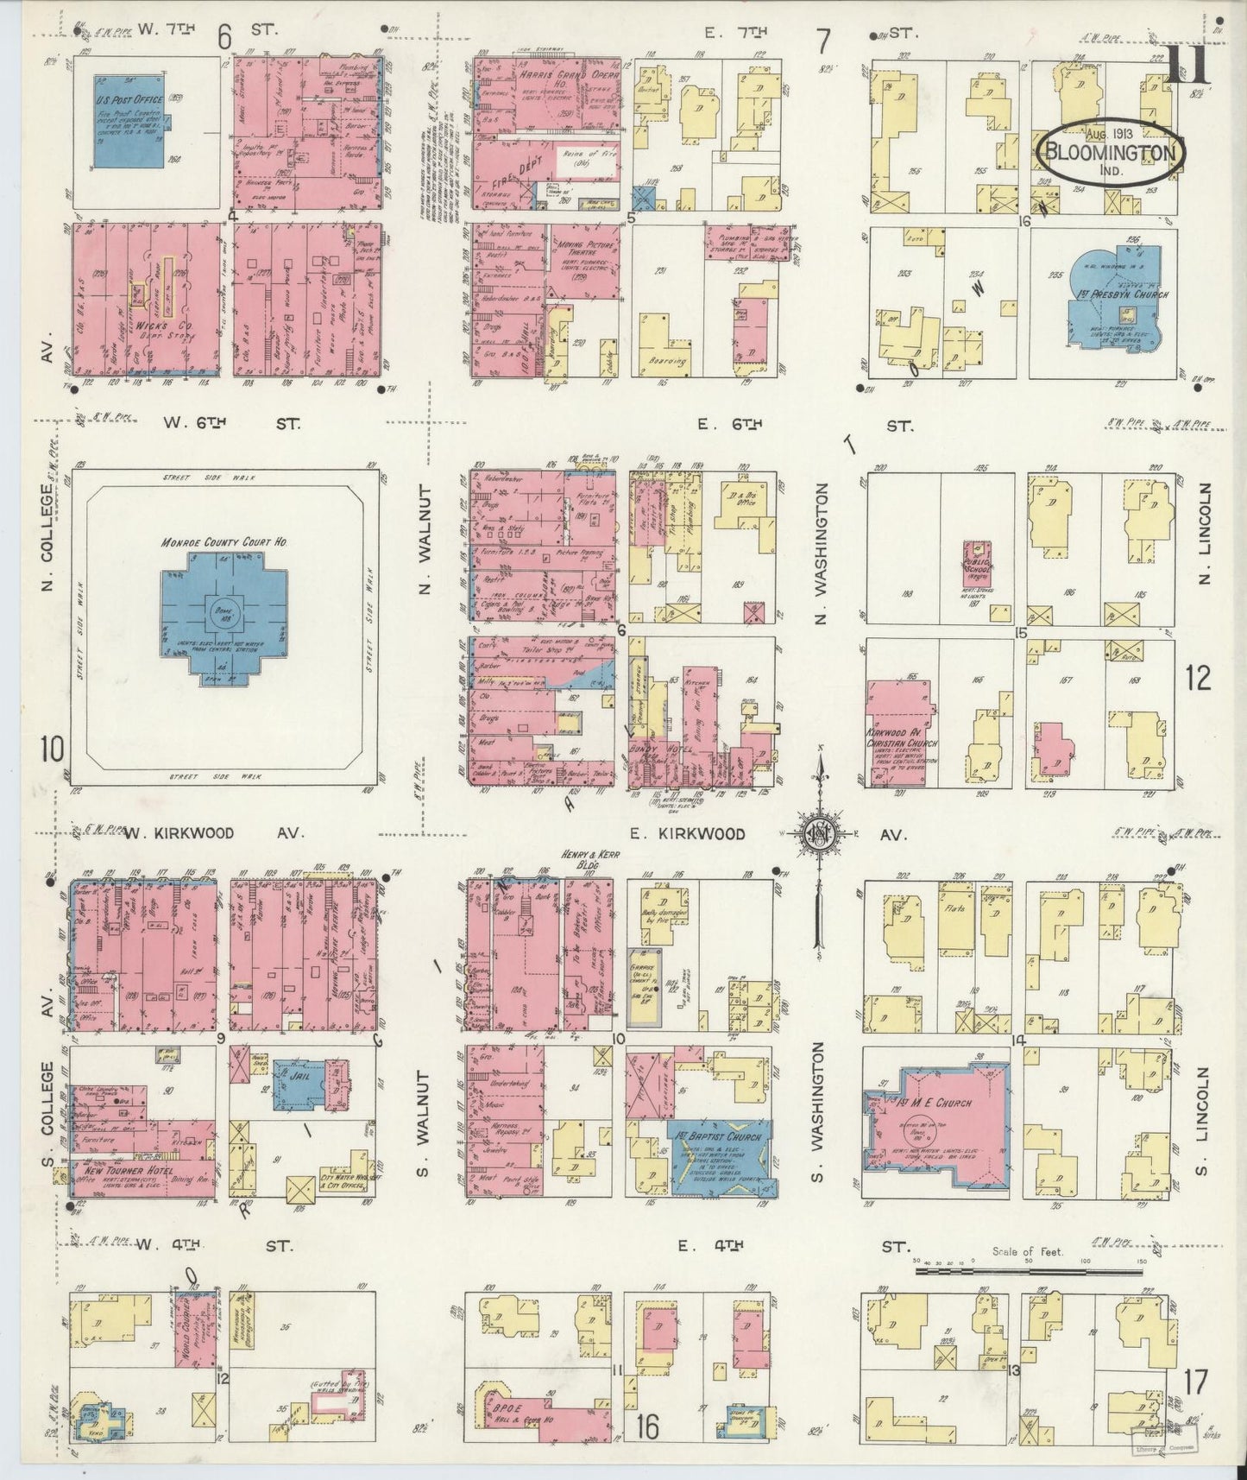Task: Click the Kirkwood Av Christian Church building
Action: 897,730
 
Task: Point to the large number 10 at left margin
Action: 52,749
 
